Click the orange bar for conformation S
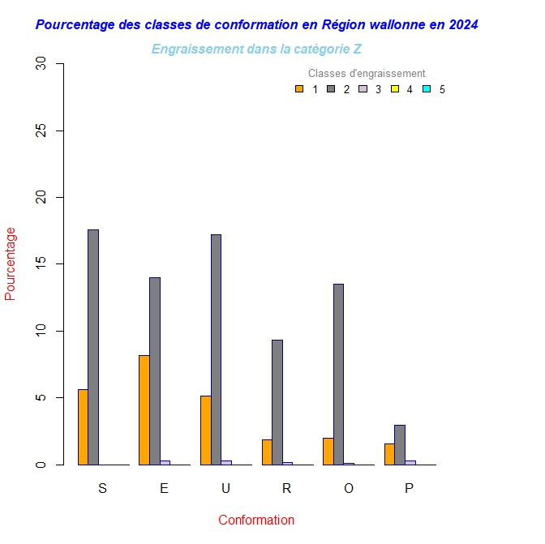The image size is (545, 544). (x=83, y=427)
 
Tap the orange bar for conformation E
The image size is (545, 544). (x=144, y=409)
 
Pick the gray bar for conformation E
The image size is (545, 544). (x=155, y=371)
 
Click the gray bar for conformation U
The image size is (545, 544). (x=216, y=349)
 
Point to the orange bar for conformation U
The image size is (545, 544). (x=205, y=430)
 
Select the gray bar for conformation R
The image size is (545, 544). (x=277, y=402)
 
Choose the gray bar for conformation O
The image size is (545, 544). (x=338, y=374)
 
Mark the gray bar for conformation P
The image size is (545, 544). (x=400, y=444)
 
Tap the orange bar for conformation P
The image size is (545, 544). (x=389, y=454)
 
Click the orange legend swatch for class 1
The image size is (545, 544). (x=299, y=89)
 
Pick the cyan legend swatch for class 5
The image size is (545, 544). (x=427, y=89)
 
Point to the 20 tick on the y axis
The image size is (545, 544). (x=61, y=197)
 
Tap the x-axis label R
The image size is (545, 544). (x=286, y=488)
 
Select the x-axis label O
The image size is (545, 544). (x=349, y=488)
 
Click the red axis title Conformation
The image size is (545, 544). (x=256, y=520)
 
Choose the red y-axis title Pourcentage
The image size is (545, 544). (x=11, y=263)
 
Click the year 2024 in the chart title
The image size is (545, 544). (x=462, y=25)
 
